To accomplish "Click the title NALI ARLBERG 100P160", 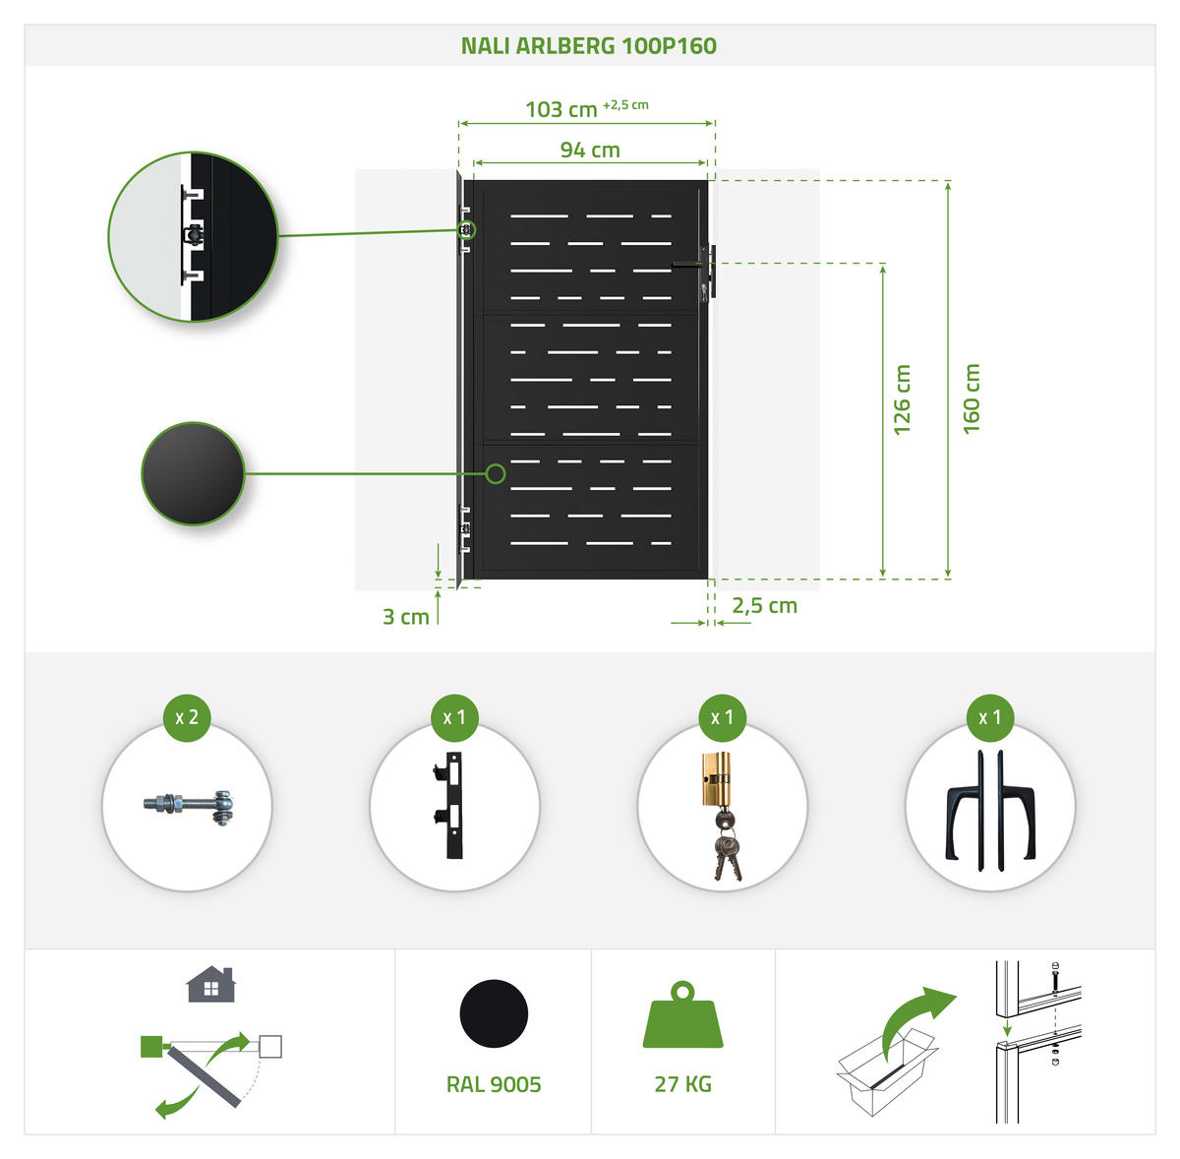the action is (588, 46).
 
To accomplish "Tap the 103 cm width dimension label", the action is (560, 109).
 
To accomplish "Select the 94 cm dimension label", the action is (590, 150).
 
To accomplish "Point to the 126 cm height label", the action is (902, 399).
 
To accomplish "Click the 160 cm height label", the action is (972, 398).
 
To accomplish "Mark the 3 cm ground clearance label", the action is (405, 617).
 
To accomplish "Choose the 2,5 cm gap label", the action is (764, 605).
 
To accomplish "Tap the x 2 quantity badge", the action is (187, 717).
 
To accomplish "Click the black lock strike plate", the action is (450, 805).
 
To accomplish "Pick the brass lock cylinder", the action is (717, 778).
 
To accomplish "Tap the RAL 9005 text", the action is (494, 1084).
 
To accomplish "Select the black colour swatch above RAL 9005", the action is (494, 1013).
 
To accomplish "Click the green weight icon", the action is (682, 1014).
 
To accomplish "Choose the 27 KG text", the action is (682, 1084).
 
